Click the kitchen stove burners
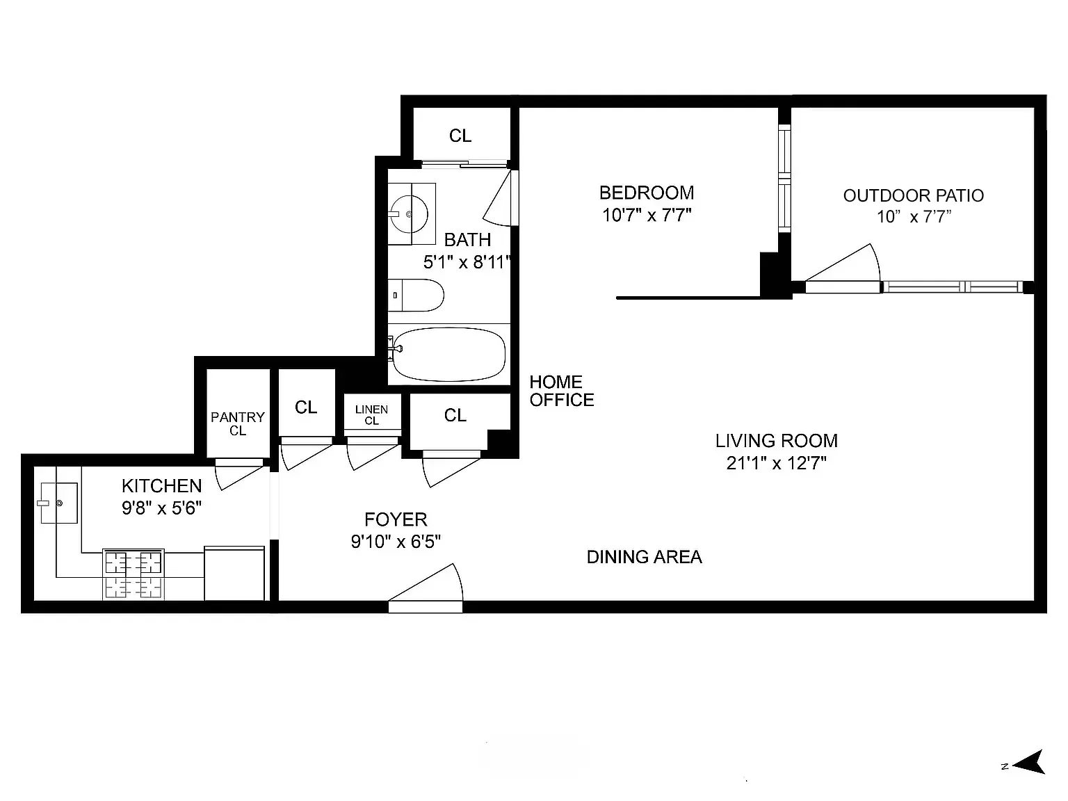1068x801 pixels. pyautogui.click(x=133, y=574)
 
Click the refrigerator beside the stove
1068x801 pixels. pyautogui.click(x=234, y=573)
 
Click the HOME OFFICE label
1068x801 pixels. pyautogui.click(x=561, y=391)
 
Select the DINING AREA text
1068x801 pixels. pyautogui.click(x=644, y=557)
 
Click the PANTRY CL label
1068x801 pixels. pyautogui.click(x=238, y=423)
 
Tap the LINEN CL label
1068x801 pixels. pyautogui.click(x=371, y=415)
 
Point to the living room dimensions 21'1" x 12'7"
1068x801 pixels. pyautogui.click(x=776, y=463)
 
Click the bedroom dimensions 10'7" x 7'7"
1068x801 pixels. pyautogui.click(x=647, y=215)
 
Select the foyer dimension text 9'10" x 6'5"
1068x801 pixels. pyautogui.click(x=396, y=542)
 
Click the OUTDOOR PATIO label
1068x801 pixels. pyautogui.click(x=913, y=195)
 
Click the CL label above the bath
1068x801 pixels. pyautogui.click(x=460, y=136)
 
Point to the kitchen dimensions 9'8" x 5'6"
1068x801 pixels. pyautogui.click(x=161, y=508)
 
